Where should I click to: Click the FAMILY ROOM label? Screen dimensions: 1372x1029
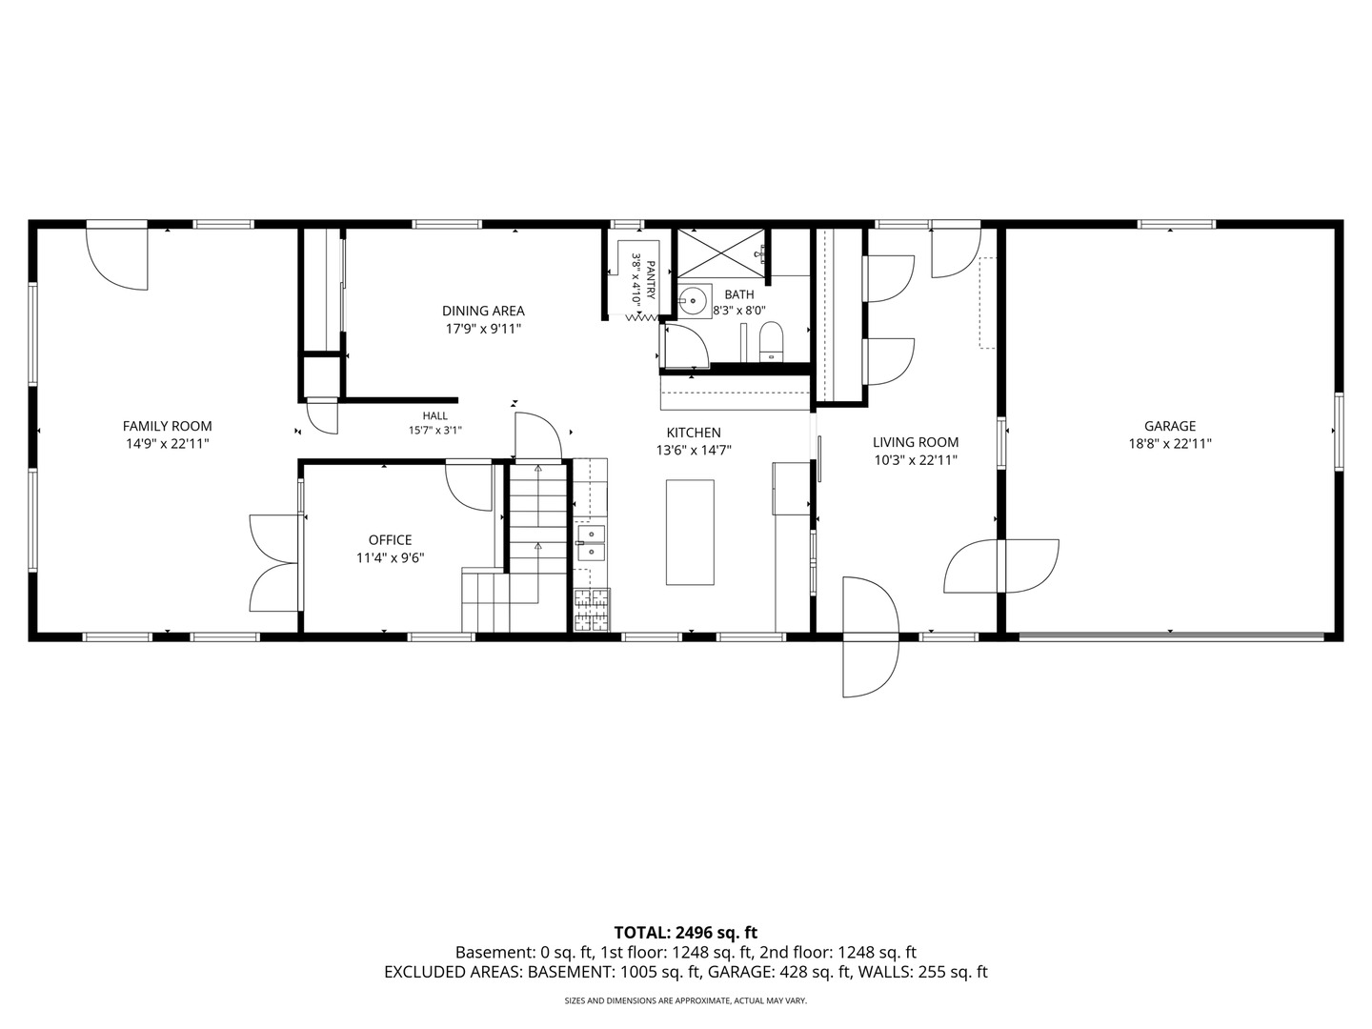click(167, 426)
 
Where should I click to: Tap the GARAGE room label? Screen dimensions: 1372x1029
click(1169, 426)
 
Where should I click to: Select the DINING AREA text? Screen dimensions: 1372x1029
click(483, 312)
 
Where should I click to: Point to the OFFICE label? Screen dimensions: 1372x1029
click(390, 540)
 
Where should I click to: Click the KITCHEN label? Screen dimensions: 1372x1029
click(694, 433)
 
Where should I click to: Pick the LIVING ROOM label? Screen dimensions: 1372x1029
click(916, 442)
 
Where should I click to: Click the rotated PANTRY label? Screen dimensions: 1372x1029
click(651, 280)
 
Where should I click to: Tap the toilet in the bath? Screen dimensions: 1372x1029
click(771, 342)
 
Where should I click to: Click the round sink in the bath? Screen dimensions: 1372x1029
click(694, 301)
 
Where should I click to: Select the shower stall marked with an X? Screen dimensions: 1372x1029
click(721, 252)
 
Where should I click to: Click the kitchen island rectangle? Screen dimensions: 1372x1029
click(690, 533)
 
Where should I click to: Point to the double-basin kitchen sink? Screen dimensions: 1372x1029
click(591, 543)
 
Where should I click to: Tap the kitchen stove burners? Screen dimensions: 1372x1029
click(592, 610)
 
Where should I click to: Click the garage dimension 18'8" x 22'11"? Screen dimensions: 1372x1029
click(1169, 444)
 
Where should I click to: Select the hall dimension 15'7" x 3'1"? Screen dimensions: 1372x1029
click(435, 430)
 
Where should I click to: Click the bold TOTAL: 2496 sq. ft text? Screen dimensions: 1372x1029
click(686, 933)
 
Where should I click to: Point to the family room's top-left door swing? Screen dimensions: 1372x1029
click(117, 258)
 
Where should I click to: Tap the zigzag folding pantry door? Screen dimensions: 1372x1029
click(641, 318)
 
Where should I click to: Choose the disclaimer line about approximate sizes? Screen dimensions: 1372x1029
click(686, 1000)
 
